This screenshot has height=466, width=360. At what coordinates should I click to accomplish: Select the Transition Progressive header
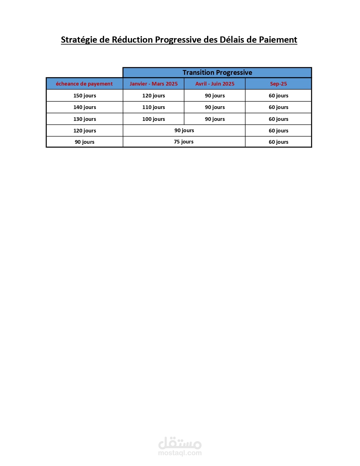click(217, 73)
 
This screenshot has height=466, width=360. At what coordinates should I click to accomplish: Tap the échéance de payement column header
click(84, 84)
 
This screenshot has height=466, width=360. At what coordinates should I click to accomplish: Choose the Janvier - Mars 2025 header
click(154, 84)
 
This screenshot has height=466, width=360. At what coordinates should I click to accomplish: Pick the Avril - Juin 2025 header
click(215, 84)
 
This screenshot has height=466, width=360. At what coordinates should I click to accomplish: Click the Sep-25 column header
click(278, 84)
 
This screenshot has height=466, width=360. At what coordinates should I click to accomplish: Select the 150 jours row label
click(85, 96)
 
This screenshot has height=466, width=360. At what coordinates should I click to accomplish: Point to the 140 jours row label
click(85, 107)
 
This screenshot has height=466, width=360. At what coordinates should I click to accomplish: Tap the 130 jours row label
click(85, 119)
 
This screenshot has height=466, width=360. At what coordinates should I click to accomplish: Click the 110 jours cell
click(154, 107)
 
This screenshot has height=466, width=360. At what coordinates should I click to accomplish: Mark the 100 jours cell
click(154, 119)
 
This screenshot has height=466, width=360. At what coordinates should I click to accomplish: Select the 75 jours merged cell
click(184, 142)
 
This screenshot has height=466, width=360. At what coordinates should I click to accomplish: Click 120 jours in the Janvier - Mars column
click(154, 96)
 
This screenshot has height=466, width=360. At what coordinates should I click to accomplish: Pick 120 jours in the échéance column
click(85, 131)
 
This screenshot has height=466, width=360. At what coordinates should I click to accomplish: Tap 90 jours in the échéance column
click(84, 142)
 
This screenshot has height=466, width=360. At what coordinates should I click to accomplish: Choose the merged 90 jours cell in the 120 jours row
click(184, 130)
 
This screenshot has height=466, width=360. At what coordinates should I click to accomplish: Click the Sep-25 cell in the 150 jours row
click(278, 96)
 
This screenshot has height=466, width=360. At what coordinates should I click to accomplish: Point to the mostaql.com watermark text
click(180, 453)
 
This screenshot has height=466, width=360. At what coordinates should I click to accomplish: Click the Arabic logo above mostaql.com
click(180, 443)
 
